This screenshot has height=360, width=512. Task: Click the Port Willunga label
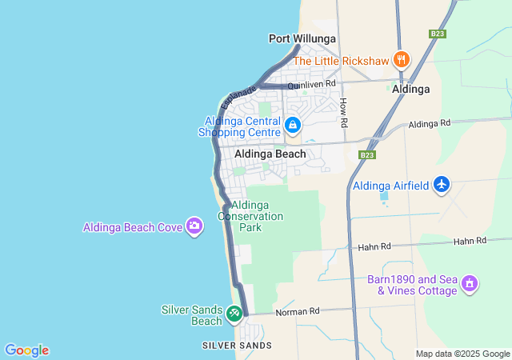(302, 38)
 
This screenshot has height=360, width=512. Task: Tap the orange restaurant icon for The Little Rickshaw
(402, 60)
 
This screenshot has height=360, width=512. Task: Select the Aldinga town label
(411, 90)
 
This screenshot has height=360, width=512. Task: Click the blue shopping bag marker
(293, 126)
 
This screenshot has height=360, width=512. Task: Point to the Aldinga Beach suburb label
(270, 154)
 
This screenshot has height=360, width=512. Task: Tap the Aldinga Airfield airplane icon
(442, 186)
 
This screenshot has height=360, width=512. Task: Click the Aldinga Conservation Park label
(250, 216)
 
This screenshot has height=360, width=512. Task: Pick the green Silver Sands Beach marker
(234, 314)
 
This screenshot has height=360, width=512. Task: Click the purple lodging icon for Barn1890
(470, 284)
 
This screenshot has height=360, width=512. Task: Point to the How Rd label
(344, 113)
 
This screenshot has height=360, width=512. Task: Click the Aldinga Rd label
(430, 124)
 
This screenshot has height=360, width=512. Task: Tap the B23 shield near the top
(437, 34)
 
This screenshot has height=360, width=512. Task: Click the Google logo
(26, 350)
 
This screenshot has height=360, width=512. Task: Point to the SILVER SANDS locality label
(237, 346)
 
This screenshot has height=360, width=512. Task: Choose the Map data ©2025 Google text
(462, 354)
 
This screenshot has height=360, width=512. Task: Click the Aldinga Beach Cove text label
(133, 227)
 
